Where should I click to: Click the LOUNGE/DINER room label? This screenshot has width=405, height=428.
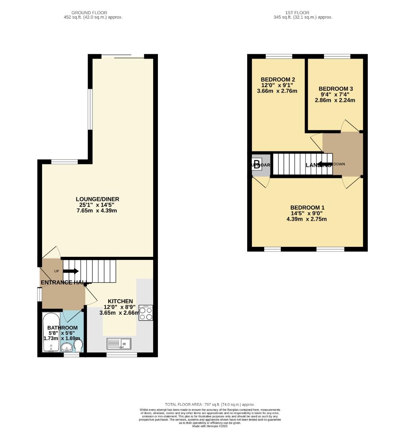point(98,199)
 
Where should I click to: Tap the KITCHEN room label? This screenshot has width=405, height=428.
point(120,301)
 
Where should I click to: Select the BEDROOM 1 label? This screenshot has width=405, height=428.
point(307,207)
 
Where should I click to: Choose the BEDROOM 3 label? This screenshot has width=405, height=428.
point(336,89)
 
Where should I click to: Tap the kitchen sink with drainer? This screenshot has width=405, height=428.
point(119,343)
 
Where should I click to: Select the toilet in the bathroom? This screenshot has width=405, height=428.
point(78,346)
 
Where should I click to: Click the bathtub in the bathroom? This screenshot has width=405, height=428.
point(51,332)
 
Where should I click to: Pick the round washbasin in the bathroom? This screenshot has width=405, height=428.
point(67,348)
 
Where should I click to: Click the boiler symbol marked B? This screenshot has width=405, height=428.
point(257,164)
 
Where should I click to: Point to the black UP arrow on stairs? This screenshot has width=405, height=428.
point(71,271)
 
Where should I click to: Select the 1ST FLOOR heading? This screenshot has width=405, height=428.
point(302,13)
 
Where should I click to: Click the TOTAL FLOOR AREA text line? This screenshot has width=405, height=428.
point(209,404)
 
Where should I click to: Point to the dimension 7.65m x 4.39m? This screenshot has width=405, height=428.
point(98,210)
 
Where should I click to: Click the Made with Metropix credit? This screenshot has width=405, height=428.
point(209,426)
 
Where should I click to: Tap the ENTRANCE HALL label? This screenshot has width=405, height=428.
point(63,282)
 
